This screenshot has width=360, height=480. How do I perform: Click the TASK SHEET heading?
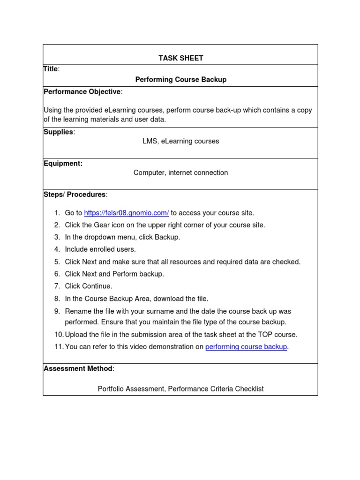coord(180,58)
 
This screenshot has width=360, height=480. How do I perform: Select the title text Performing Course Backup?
coord(180,80)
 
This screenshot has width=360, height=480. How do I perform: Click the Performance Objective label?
coord(82,91)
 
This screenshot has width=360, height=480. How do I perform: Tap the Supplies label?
coord(59,132)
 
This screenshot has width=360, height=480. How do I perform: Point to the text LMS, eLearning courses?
coord(180,141)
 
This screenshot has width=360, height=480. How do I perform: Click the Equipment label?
coord(63,164)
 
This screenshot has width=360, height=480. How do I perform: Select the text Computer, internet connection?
coord(180,172)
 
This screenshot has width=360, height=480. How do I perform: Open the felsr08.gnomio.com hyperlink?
coord(126,213)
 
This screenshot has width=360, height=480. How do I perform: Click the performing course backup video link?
coord(246,347)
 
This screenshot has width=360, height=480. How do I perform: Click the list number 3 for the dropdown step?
coord(57,237)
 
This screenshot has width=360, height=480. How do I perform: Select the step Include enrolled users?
coord(100,249)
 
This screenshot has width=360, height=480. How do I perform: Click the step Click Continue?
coord(89,286)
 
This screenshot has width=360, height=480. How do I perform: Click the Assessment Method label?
coord(78,368)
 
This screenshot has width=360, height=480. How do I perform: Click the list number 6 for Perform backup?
coord(57,274)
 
